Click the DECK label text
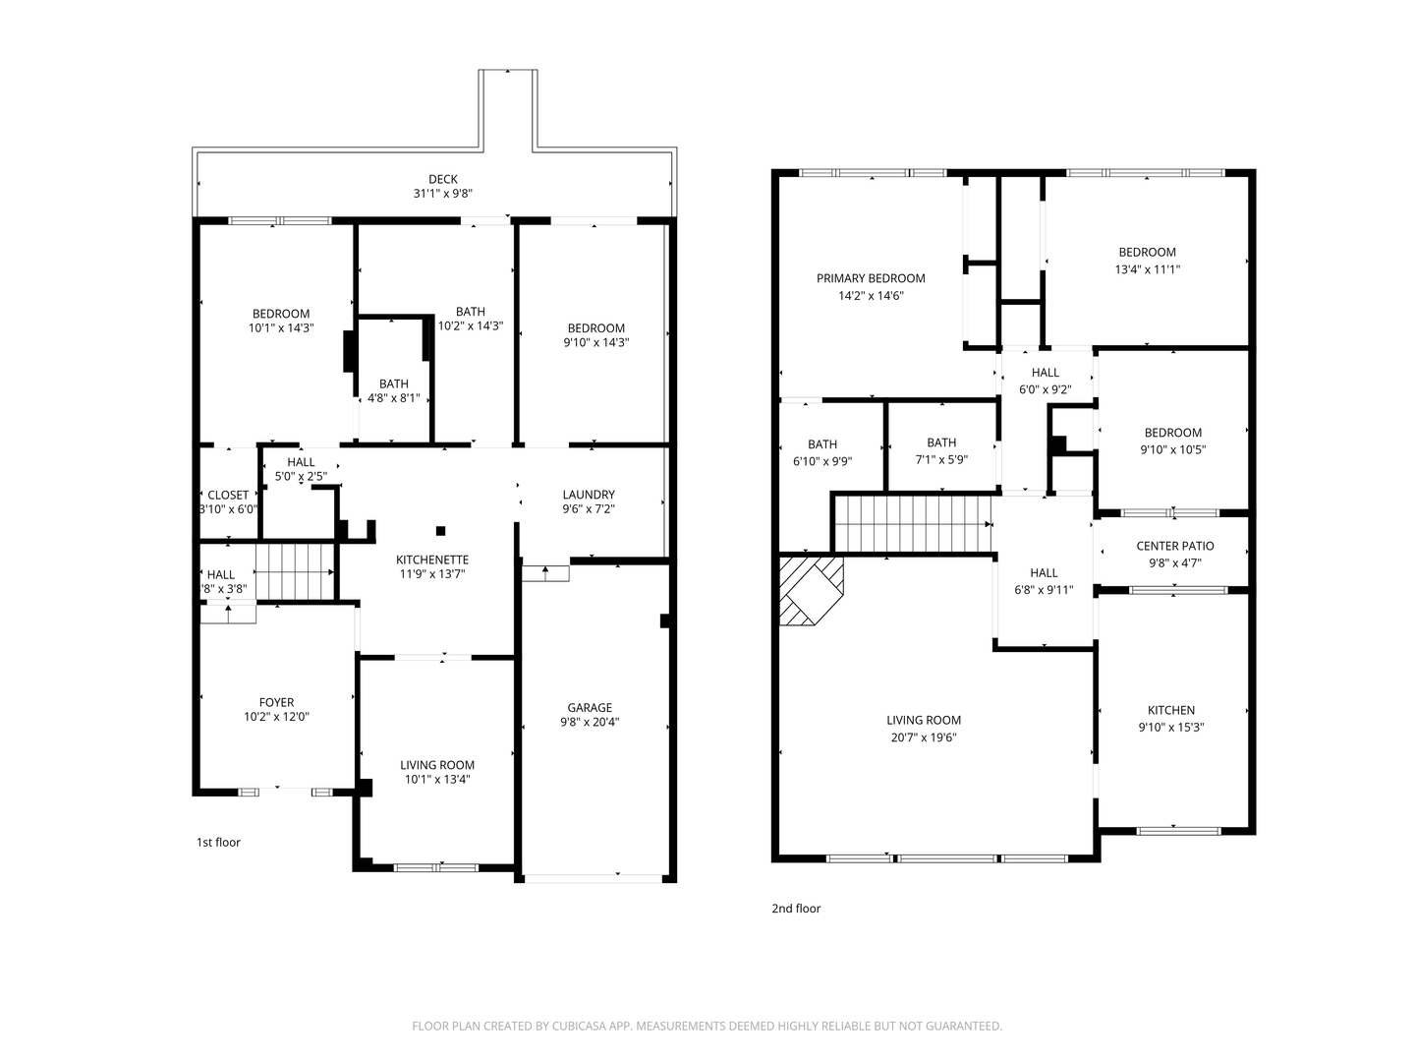click(443, 179)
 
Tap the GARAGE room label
click(590, 708)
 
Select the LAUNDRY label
click(588, 495)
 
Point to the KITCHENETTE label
click(432, 560)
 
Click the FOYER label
click(276, 702)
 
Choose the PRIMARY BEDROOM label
click(871, 278)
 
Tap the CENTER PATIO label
click(1174, 546)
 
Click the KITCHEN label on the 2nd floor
click(1170, 711)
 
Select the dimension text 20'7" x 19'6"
click(923, 737)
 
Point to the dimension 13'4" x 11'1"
click(1147, 269)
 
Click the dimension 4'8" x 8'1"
click(393, 398)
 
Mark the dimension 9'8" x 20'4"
click(590, 722)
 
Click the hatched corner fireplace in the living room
click(811, 591)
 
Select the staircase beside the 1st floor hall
click(295, 572)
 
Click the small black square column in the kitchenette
click(441, 531)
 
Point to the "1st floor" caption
click(218, 842)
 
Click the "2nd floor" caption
click(796, 909)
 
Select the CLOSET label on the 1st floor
click(228, 495)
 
